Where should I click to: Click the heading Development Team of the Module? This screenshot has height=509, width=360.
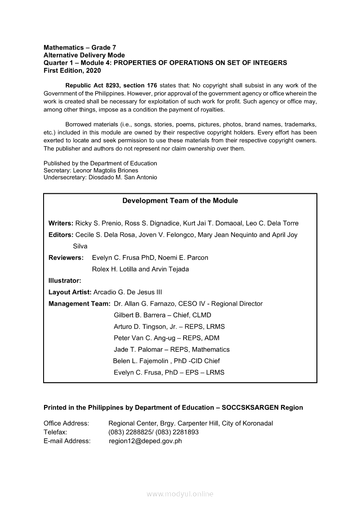click(x=180, y=201)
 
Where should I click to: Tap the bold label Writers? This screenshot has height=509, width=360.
click(x=61, y=223)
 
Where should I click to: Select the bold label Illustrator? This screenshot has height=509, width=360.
click(x=65, y=281)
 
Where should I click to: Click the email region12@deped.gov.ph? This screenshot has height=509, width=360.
click(x=145, y=441)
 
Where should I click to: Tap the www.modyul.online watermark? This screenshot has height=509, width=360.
click(x=180, y=494)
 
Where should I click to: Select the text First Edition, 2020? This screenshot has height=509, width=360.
click(x=72, y=70)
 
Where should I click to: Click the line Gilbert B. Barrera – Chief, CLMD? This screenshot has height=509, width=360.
click(x=162, y=315)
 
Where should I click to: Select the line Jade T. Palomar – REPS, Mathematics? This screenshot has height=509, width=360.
click(x=171, y=349)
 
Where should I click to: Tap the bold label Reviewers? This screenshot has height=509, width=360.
click(x=66, y=257)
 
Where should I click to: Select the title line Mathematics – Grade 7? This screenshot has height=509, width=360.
click(x=80, y=47)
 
